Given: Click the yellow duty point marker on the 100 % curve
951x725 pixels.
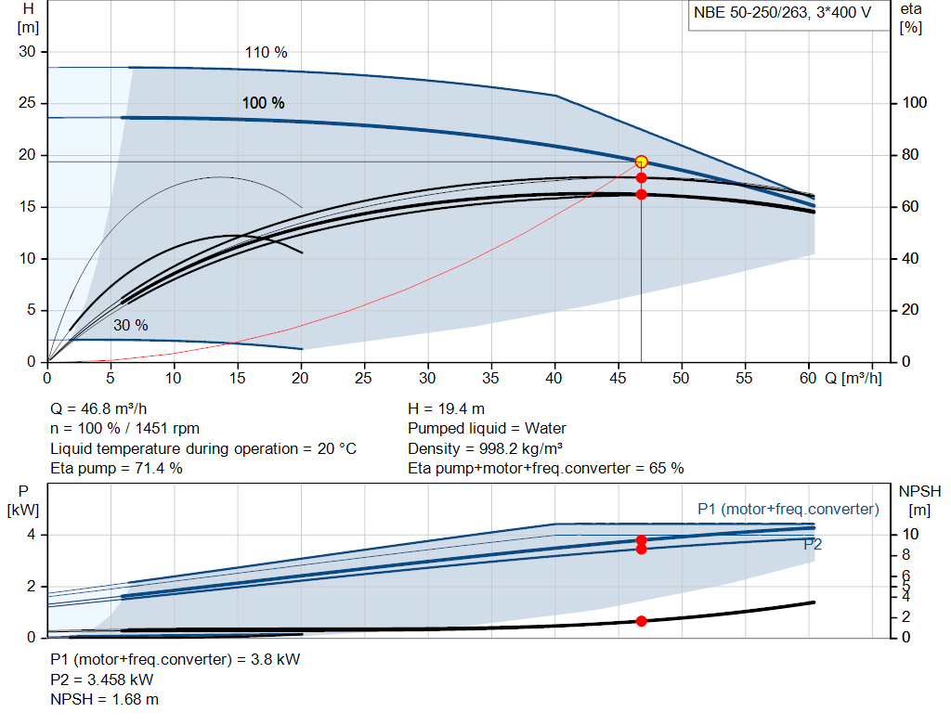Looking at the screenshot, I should click(x=641, y=162).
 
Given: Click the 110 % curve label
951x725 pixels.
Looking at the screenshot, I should click(x=266, y=53).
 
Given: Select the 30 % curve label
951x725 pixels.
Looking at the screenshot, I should click(x=131, y=326).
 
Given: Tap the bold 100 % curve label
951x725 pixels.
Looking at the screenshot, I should click(x=263, y=103).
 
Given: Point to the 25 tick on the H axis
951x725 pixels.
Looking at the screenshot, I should click(x=27, y=104).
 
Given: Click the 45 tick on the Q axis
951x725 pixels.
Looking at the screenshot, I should click(x=618, y=379).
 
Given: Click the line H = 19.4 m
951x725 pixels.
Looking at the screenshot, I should click(x=446, y=408).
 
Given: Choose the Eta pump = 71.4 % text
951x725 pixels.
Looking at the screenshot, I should click(x=116, y=468).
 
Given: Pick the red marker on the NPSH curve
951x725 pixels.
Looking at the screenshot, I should click(x=641, y=620).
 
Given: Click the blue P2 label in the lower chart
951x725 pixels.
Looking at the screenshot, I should click(x=813, y=545).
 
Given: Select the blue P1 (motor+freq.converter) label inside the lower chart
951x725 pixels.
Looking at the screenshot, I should click(x=788, y=510).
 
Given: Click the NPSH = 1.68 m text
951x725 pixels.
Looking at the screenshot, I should click(x=104, y=699).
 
